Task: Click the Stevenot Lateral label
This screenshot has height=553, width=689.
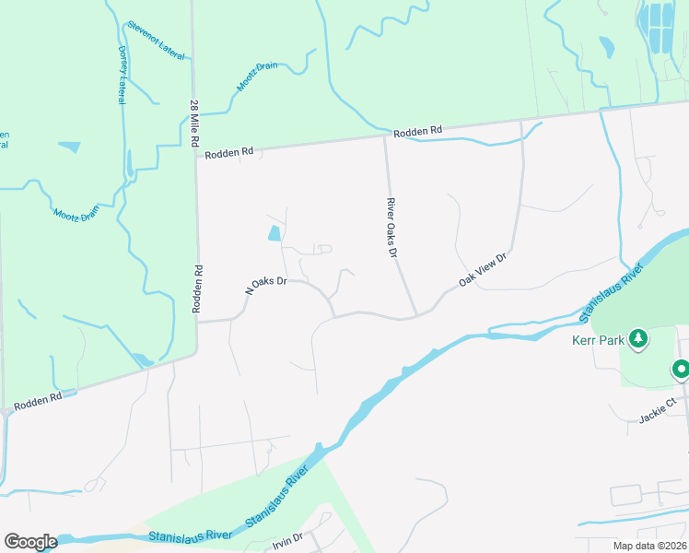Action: (x=157, y=40)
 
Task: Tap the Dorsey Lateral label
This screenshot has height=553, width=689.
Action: (x=122, y=73)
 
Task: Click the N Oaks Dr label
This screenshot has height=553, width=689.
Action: (x=266, y=284)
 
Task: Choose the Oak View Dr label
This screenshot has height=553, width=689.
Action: (x=484, y=270)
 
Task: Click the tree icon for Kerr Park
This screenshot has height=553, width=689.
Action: (x=637, y=340)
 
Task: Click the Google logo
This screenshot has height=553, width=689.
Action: (x=29, y=542)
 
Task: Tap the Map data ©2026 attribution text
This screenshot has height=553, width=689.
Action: (x=650, y=546)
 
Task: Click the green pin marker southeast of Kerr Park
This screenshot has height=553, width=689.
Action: (x=681, y=371)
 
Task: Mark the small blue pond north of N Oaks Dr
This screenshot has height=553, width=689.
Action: (x=274, y=234)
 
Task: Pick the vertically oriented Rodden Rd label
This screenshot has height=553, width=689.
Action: (x=197, y=290)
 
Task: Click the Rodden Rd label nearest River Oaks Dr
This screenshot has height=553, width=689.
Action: (x=417, y=133)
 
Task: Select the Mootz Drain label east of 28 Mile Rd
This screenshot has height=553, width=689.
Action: (x=256, y=76)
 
